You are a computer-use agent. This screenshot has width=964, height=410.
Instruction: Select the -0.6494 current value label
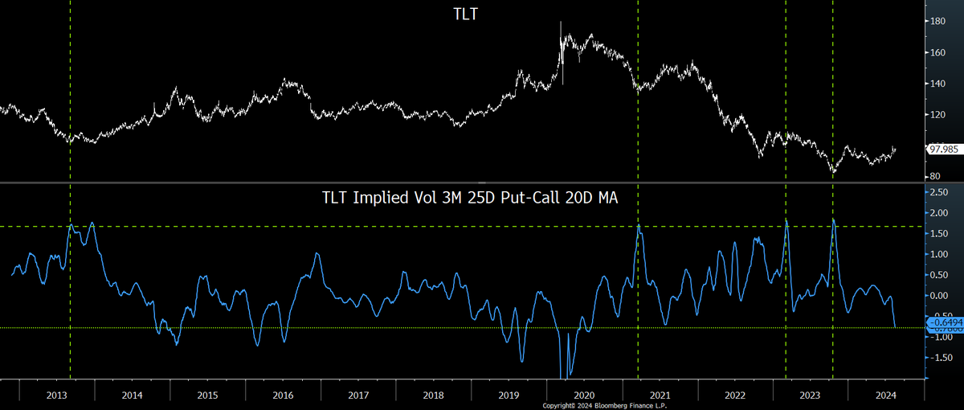pyautogui.click(x=944, y=322)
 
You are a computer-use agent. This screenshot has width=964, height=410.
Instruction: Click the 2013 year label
pyautogui.click(x=57, y=396)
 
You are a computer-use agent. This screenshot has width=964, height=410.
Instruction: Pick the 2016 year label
pyautogui.click(x=283, y=396)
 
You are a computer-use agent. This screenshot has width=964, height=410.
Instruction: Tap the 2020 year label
pyautogui.click(x=584, y=396)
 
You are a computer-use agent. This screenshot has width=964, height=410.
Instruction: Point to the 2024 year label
pyautogui.click(x=885, y=396)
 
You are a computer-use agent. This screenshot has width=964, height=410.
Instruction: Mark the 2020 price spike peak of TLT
pyautogui.click(x=561, y=22)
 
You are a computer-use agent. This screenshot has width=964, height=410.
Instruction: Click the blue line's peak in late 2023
pyautogui.click(x=834, y=219)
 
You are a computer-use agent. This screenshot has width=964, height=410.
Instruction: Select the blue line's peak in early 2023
pyautogui.click(x=786, y=220)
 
